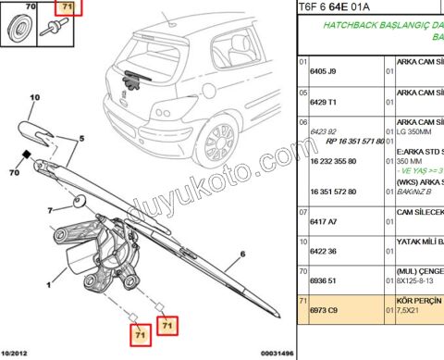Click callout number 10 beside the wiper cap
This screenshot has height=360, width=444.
pos(35,97)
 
